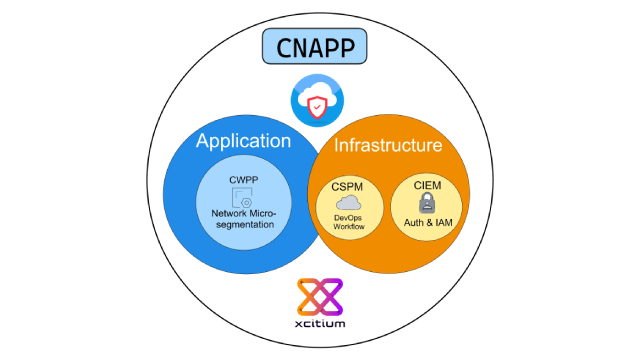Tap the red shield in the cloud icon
tap(318, 107)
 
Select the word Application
tap(243, 141)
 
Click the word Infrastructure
tap(387, 146)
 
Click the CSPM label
tap(345, 186)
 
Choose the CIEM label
tap(426, 185)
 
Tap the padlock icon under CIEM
tap(427, 203)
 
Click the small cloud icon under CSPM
tap(346, 203)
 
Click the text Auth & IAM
tap(427, 221)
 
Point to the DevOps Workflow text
tap(346, 223)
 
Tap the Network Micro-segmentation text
tap(246, 219)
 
